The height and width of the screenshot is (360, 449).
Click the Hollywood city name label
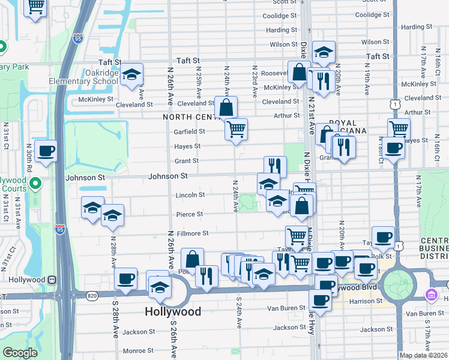(x=173, y=311)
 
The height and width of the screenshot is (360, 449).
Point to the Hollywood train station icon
(x=52, y=280)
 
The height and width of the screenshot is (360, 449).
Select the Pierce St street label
(x=189, y=214)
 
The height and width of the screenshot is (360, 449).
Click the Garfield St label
(x=190, y=131)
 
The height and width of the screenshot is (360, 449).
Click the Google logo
(x=20, y=353)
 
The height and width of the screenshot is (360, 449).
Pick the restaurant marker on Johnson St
(x=275, y=166)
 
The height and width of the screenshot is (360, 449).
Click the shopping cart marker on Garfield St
(x=237, y=128)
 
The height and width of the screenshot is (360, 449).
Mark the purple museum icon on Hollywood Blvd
(x=430, y=295)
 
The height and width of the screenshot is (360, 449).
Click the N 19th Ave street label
(x=366, y=74)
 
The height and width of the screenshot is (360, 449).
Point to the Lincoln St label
(x=190, y=195)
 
